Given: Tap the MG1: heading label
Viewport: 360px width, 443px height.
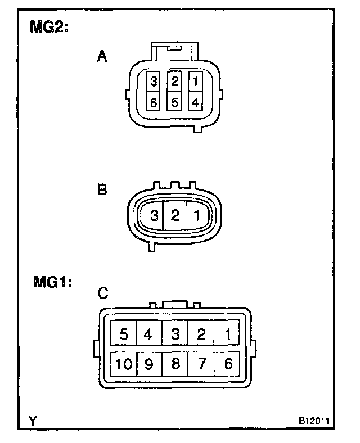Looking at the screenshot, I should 52,283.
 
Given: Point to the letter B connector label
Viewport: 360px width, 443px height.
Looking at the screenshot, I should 102,190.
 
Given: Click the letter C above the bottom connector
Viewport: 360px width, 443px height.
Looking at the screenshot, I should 103,293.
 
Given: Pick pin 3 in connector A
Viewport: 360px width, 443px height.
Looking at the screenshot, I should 154,82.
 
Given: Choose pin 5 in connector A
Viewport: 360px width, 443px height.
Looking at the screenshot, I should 175,102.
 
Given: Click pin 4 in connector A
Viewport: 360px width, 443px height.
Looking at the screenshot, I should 195,102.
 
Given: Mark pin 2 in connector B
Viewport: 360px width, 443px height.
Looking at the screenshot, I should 175,215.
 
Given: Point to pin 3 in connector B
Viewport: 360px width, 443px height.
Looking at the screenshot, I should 153,215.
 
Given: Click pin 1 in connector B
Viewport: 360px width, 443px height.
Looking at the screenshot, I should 197,215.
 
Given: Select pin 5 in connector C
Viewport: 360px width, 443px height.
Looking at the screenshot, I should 124,334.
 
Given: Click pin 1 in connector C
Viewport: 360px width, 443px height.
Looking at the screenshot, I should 228,334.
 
